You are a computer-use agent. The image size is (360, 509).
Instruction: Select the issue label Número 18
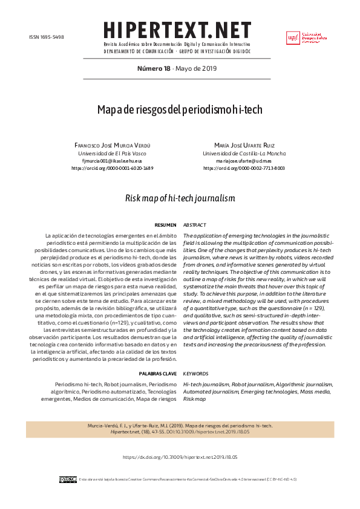coord(154,68)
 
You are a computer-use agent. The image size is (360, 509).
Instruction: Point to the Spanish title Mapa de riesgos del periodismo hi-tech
coord(180,110)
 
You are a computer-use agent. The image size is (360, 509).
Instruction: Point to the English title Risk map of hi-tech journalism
coord(180,198)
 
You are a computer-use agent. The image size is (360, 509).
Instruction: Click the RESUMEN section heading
coord(165,224)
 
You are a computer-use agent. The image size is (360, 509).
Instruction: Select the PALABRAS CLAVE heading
coord(157,374)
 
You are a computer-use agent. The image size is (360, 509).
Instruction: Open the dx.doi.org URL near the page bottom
coord(180,458)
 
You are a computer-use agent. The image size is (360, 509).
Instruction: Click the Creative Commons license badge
coord(68,479)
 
